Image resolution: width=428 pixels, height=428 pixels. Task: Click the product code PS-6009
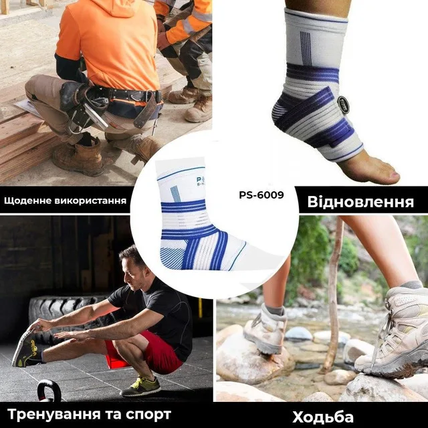point(261,195)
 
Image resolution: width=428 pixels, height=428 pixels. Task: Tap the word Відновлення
point(360,202)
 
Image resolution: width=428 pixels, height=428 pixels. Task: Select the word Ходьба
point(323,417)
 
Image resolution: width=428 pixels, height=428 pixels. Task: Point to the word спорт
point(148,415)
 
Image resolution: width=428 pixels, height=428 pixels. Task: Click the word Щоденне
point(27,201)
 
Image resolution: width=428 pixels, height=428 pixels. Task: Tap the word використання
point(90,201)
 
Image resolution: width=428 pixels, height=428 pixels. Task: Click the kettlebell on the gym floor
point(49,391)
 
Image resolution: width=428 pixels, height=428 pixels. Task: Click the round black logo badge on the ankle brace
point(343,104)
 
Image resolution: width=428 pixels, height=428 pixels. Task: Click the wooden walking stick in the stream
point(332,295)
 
